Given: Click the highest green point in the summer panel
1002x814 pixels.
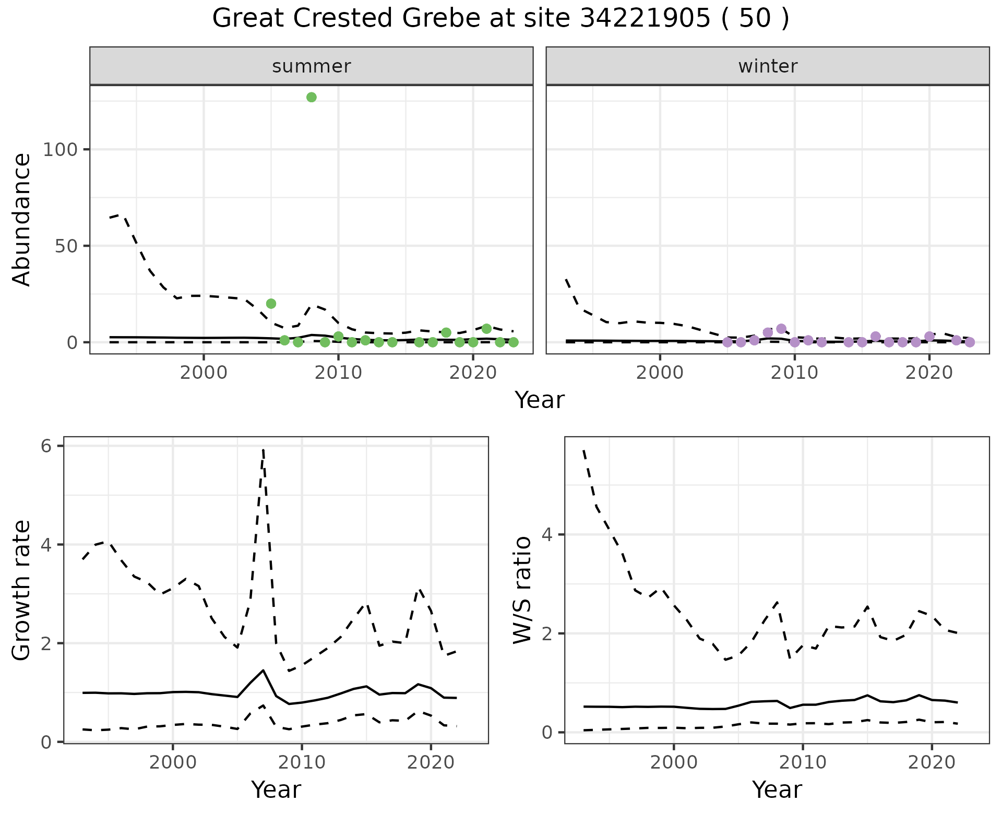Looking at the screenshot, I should coord(312,97).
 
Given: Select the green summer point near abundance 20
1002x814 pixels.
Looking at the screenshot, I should coord(271,304).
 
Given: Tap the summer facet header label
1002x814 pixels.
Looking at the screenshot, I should coord(312,66).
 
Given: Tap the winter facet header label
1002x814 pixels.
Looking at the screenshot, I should coord(768,66).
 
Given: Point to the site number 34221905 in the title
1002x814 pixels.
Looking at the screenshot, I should coord(645,19).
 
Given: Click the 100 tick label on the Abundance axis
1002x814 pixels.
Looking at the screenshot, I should coord(59,150).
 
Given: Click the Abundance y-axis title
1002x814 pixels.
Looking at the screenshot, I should coord(22,220).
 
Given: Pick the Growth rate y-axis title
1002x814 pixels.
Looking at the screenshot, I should coord(22,590).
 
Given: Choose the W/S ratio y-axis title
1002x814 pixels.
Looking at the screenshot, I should coord(522,590).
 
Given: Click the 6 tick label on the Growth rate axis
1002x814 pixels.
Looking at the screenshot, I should coord(46,447).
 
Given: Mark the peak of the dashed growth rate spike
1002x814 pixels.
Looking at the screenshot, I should coord(264,449).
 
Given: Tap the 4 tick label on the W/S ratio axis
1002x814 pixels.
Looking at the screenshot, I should coord(547,535).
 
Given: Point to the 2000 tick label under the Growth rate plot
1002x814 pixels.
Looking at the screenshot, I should coord(173,762).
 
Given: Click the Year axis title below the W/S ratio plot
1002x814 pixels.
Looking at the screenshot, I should coord(777,790).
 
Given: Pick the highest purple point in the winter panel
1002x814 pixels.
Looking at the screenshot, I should coord(781,329).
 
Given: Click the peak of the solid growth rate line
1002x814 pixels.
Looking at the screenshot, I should coord(264,670).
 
